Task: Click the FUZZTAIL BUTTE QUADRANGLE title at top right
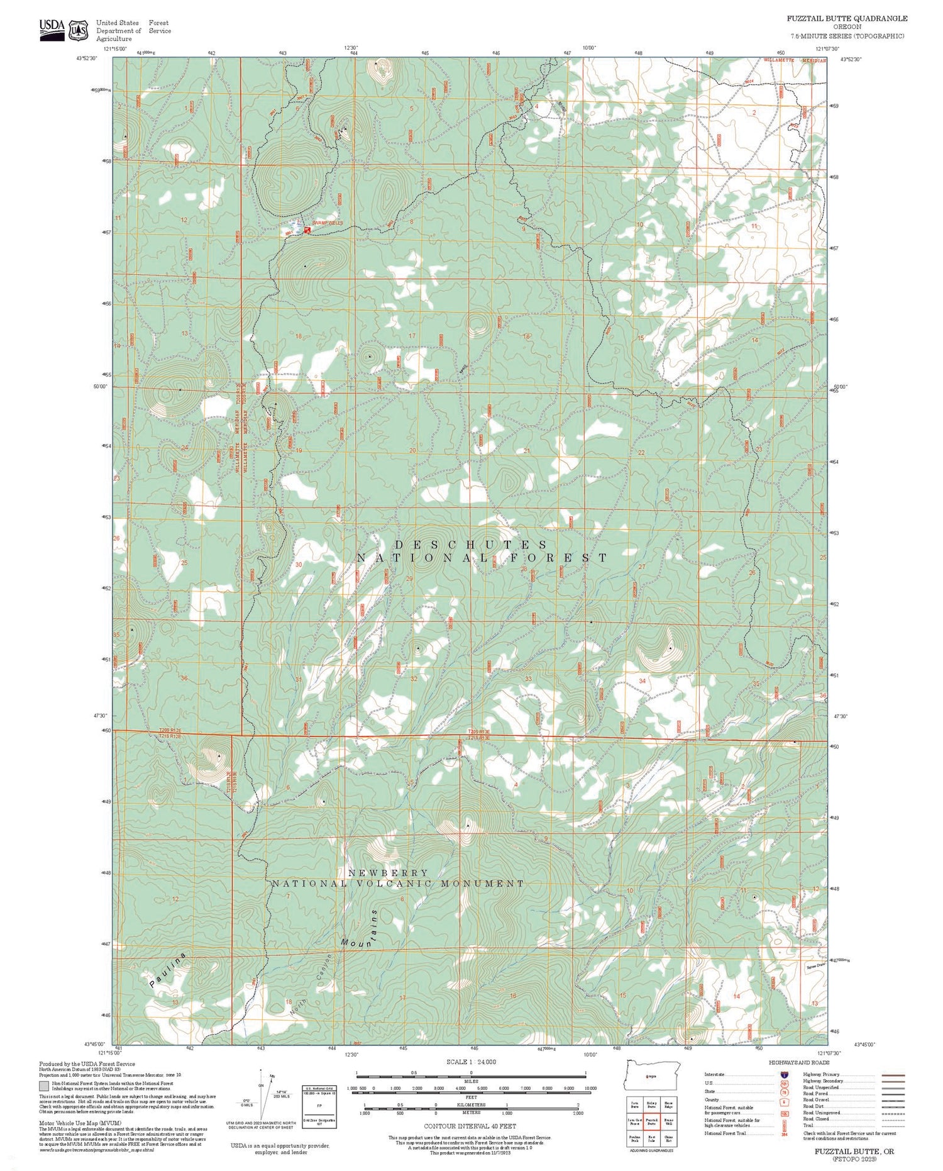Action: [846, 18]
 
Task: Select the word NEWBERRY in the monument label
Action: [388, 873]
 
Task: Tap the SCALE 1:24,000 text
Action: [471, 1062]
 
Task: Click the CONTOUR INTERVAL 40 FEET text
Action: [470, 1126]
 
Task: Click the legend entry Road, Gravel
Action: [816, 1100]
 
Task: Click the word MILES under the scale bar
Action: [471, 1081]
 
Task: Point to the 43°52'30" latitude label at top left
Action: [87, 58]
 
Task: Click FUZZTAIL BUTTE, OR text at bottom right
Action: [853, 1150]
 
